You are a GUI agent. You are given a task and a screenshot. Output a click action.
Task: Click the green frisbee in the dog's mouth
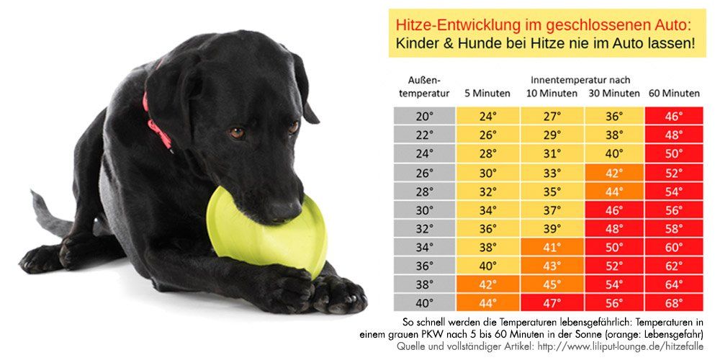(245, 230)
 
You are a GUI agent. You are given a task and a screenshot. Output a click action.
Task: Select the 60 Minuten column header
(674, 93)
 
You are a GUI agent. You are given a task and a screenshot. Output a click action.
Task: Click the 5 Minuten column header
(487, 93)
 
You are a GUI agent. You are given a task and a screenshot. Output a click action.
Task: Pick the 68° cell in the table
(674, 303)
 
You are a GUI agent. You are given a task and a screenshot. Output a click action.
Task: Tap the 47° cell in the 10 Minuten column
(552, 303)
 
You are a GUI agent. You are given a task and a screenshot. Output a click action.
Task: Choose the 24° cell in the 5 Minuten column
(487, 116)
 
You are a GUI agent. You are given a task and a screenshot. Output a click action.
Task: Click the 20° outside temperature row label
(424, 116)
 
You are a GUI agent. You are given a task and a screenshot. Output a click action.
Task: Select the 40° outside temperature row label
(424, 303)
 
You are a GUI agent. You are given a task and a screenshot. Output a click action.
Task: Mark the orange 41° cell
(552, 247)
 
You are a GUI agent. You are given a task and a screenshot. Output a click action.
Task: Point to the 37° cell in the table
(552, 210)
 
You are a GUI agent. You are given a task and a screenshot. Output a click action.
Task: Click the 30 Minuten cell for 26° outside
(614, 172)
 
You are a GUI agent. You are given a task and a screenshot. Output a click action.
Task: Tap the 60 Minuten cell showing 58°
(674, 228)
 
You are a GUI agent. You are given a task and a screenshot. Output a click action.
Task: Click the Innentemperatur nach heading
(579, 79)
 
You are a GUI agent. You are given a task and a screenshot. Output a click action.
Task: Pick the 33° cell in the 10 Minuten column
(552, 172)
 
